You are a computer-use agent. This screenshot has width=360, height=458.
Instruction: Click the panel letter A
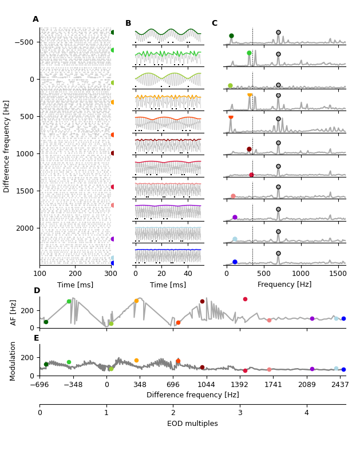(35, 19)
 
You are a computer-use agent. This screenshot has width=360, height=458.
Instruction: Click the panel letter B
(128, 23)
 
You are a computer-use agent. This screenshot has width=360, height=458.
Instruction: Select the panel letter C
(215, 23)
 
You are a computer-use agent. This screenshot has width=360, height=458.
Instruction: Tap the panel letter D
(37, 291)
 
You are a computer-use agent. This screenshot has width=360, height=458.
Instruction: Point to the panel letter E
(37, 338)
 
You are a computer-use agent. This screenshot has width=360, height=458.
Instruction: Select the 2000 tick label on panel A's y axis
(26, 228)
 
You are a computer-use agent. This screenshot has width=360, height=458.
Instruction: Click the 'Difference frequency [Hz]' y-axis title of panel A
(7, 146)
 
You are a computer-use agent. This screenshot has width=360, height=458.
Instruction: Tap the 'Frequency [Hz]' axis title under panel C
(284, 285)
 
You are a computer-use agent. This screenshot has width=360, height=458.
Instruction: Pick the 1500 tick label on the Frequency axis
(338, 274)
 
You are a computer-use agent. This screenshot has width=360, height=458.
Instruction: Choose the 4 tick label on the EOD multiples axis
(306, 413)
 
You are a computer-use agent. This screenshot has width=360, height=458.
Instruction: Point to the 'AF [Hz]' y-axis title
(14, 312)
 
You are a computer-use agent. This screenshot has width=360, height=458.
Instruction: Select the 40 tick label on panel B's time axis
(188, 274)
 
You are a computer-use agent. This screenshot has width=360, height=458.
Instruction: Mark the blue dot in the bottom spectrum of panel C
(235, 262)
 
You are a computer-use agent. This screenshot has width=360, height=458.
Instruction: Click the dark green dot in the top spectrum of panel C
(231, 35)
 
